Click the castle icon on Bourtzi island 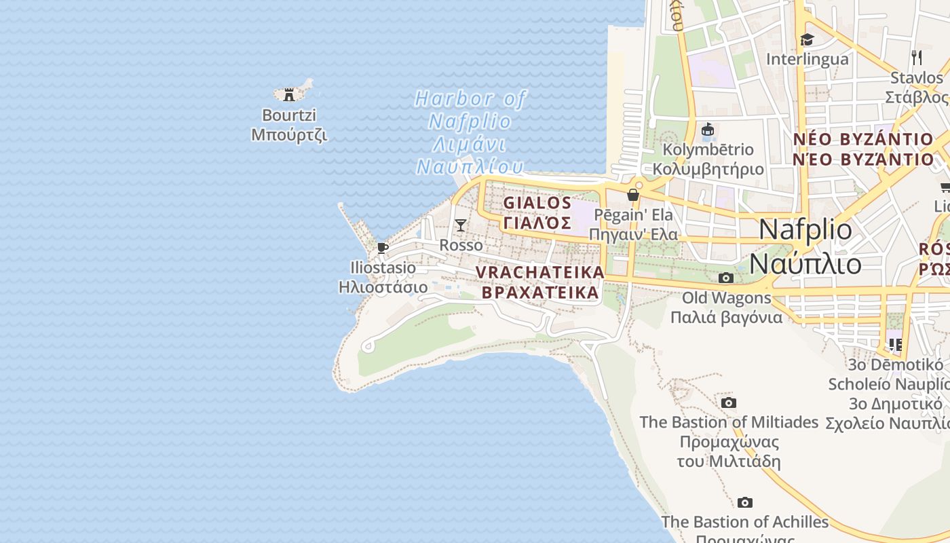coord(289,94)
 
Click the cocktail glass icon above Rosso coord(461,225)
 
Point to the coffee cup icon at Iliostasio coord(383,248)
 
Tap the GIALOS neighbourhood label coord(537,212)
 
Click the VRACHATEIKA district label coord(539,282)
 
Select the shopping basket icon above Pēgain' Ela coord(633,195)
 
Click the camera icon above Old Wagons coord(725,278)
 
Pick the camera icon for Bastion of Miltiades coord(728,402)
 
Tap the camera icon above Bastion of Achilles coord(745,502)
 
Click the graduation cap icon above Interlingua coord(807,39)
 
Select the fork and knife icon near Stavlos coord(917,57)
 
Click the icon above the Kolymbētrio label coord(708,129)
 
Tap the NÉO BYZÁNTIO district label coord(863,149)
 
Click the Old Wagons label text coord(726,307)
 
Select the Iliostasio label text coord(383,278)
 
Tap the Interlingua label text coord(807,59)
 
